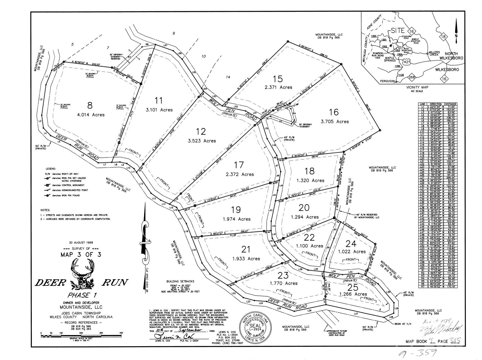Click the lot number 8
tap(90, 105)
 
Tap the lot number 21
tap(246, 249)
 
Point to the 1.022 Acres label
tap(351, 252)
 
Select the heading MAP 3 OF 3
tap(81, 255)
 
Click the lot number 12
tap(201, 131)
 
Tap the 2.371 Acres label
tap(278, 87)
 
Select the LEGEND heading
tap(52, 169)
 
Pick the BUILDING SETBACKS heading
tap(180, 281)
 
